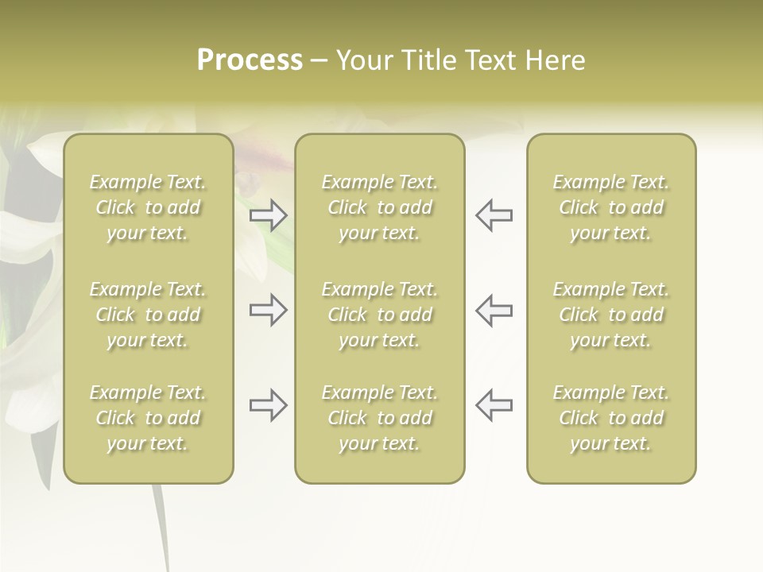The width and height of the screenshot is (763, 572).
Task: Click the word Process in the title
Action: [x=250, y=60]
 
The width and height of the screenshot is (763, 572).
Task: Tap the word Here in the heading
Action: [x=555, y=60]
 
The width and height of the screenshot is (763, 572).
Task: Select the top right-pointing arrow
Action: [x=268, y=215]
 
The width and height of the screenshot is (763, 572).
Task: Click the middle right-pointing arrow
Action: [x=268, y=310]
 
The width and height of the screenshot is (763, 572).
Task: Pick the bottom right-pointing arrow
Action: [x=268, y=405]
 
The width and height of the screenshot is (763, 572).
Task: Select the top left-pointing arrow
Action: [x=494, y=215]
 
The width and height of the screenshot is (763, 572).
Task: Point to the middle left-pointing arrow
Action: [x=494, y=310]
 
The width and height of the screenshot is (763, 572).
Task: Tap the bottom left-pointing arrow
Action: [x=494, y=405]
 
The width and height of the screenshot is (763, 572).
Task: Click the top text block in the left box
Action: [x=148, y=207]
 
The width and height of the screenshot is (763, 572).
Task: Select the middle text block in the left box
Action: [x=148, y=315]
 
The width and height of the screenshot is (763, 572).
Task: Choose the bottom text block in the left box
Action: [x=148, y=418]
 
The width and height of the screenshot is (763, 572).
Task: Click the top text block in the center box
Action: [x=380, y=207]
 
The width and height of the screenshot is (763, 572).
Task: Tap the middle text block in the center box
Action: [x=380, y=315]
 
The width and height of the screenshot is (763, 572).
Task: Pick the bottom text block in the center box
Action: [x=380, y=418]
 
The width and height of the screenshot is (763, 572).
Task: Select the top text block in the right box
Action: [x=611, y=207]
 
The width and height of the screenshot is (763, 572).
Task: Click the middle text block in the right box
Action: [x=611, y=315]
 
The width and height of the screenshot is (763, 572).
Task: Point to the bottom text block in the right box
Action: [x=611, y=418]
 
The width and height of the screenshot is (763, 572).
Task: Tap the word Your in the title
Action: [x=365, y=60]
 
